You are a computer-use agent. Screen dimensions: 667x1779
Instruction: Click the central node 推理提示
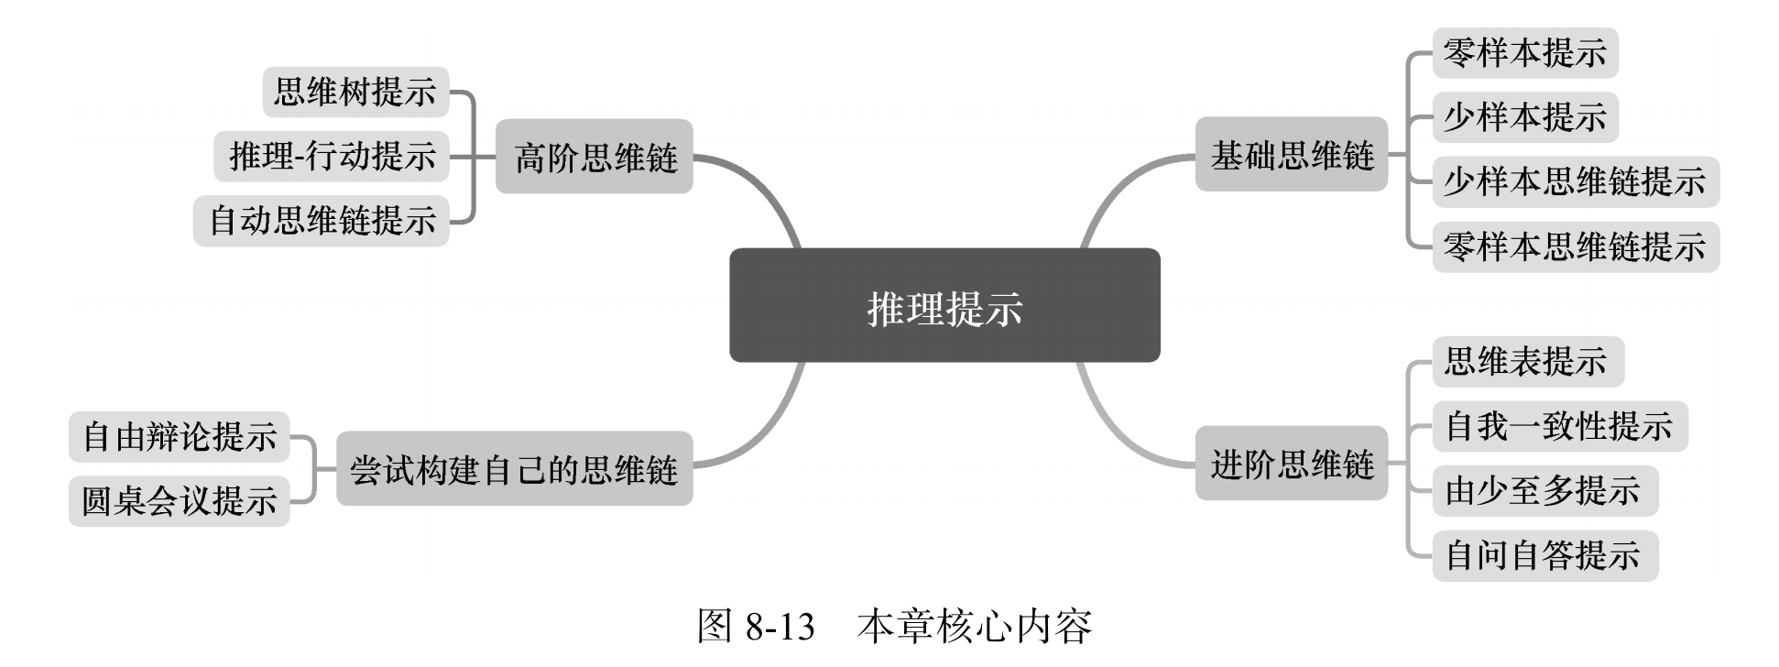pos(944,306)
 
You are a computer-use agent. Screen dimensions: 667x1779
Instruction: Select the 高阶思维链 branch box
pos(594,157)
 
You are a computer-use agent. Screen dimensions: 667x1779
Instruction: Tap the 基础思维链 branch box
pos(1291,155)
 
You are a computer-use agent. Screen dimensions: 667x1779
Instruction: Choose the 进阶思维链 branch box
pos(1291,464)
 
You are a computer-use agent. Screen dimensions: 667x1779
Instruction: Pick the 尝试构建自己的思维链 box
pos(514,468)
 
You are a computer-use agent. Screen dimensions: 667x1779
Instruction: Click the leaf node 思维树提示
pos(355,92)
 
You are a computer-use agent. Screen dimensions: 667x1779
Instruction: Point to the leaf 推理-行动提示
pos(332,156)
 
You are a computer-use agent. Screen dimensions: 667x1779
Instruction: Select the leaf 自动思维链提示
pos(322,221)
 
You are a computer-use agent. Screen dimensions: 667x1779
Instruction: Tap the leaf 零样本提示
pos(1524,53)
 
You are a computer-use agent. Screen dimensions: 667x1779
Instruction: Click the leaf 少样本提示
pos(1524,117)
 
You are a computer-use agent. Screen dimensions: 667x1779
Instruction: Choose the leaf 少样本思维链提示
pos(1575,181)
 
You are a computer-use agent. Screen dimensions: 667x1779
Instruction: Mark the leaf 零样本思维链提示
pos(1575,246)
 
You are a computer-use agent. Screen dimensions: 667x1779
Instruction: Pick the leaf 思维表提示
pos(1527,361)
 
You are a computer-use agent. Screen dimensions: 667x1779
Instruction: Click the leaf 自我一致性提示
pos(1559,426)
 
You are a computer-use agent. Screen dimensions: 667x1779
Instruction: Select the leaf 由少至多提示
pos(1544,490)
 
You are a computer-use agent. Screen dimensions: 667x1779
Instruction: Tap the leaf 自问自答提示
pos(1544,555)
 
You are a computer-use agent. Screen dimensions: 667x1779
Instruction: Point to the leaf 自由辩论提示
pos(180,436)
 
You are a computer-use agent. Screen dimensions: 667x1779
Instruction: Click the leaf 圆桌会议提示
pos(180,501)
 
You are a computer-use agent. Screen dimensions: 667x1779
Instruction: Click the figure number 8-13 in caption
pos(780,627)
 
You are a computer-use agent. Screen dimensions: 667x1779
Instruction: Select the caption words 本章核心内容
pos(975,627)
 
